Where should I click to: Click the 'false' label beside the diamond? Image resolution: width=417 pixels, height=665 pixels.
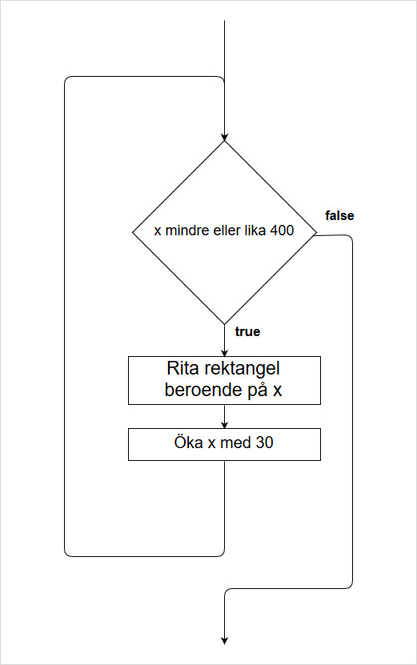point(339,216)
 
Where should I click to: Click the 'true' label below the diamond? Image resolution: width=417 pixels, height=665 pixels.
point(248,331)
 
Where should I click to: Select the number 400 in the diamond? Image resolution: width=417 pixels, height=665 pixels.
point(282,230)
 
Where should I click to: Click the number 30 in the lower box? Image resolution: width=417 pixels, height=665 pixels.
point(265,443)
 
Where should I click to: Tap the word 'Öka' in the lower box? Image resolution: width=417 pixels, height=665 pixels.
point(188,442)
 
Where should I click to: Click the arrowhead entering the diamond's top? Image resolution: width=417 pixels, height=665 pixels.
point(224,138)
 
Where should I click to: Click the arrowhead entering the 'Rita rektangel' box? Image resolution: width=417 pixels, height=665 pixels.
point(224,353)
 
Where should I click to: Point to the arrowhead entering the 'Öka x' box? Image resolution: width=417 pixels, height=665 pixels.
point(224,425)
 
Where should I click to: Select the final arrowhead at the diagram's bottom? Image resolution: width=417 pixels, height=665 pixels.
point(224,641)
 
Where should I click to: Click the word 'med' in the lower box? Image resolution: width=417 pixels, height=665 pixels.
point(236,443)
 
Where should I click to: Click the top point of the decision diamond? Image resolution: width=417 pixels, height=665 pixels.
point(224,141)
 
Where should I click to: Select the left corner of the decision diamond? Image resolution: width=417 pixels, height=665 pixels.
point(133,232)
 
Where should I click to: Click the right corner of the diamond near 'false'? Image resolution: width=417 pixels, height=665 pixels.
point(316,232)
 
